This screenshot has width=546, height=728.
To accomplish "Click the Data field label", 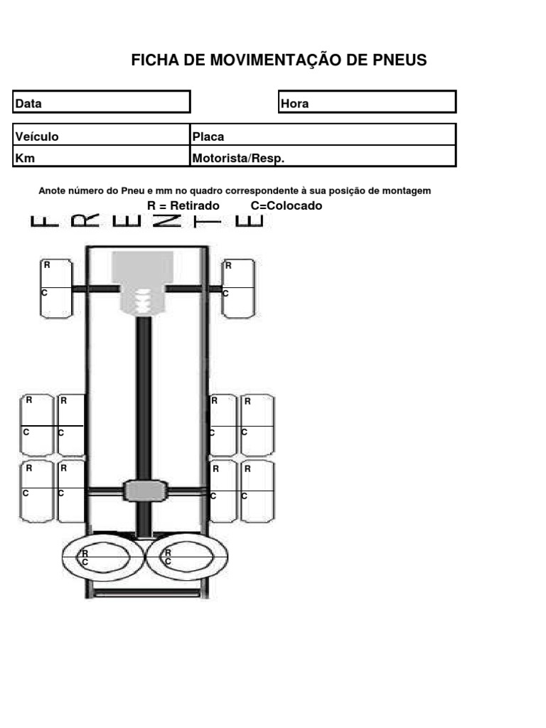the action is tap(28, 104).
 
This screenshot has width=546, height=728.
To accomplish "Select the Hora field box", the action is tap(368, 102).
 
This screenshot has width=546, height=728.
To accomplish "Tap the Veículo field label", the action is tap(37, 136).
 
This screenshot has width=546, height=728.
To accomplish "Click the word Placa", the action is tap(208, 136).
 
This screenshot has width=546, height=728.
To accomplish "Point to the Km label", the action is tap(25, 159).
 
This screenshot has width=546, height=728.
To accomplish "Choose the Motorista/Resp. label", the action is tap(238, 159).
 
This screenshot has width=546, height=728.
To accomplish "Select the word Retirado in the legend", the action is tap(195, 205).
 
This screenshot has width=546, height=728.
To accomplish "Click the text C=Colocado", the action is tap(287, 205).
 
